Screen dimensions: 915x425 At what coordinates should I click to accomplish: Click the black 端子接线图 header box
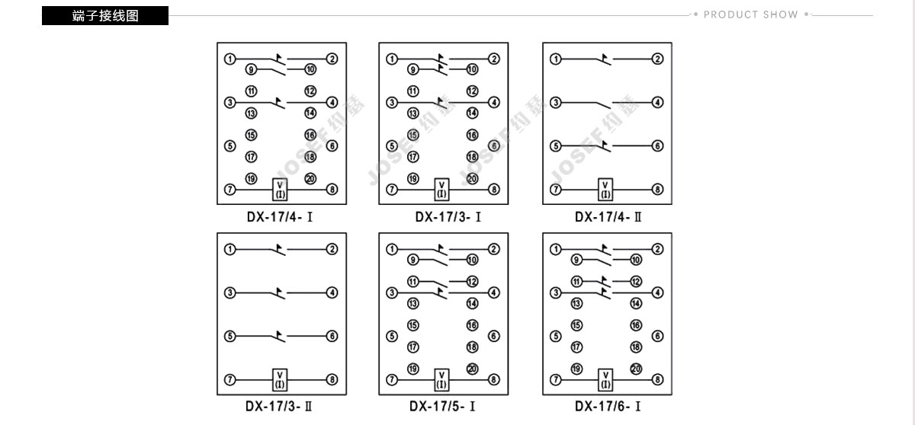click(105, 15)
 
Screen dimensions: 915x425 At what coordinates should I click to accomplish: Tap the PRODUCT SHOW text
click(751, 14)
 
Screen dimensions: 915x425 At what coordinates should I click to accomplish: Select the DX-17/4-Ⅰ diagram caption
click(280, 216)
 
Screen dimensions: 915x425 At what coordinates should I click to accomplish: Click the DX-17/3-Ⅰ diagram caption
click(448, 216)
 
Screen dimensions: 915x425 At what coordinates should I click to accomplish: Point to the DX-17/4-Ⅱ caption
click(608, 216)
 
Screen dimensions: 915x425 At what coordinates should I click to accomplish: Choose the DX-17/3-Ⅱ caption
click(279, 406)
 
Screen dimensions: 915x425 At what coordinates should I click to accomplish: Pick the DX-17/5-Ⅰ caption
click(442, 406)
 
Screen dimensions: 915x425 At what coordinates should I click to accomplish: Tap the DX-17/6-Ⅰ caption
click(608, 406)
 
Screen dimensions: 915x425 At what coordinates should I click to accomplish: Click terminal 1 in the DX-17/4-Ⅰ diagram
click(230, 59)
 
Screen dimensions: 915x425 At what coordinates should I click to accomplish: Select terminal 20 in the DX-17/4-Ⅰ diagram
click(310, 179)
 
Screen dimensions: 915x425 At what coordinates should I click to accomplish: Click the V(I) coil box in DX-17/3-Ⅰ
click(441, 190)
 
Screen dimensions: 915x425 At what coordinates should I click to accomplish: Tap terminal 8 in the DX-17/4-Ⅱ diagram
click(657, 189)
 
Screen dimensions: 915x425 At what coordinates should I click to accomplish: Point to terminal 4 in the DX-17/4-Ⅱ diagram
click(657, 102)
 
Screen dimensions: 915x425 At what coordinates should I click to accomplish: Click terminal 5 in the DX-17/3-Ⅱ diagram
click(230, 336)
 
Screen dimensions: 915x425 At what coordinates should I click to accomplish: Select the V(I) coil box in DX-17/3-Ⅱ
click(280, 380)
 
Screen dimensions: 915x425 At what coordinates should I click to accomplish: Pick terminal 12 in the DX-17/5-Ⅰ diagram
click(472, 282)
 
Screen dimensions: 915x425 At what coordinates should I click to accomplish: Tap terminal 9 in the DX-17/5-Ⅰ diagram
click(413, 260)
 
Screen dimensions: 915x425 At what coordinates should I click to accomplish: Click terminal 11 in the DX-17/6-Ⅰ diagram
click(576, 282)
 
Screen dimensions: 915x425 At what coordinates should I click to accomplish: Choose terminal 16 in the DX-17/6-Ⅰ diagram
click(636, 325)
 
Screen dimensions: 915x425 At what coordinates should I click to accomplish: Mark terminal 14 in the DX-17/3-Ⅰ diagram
click(472, 113)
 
